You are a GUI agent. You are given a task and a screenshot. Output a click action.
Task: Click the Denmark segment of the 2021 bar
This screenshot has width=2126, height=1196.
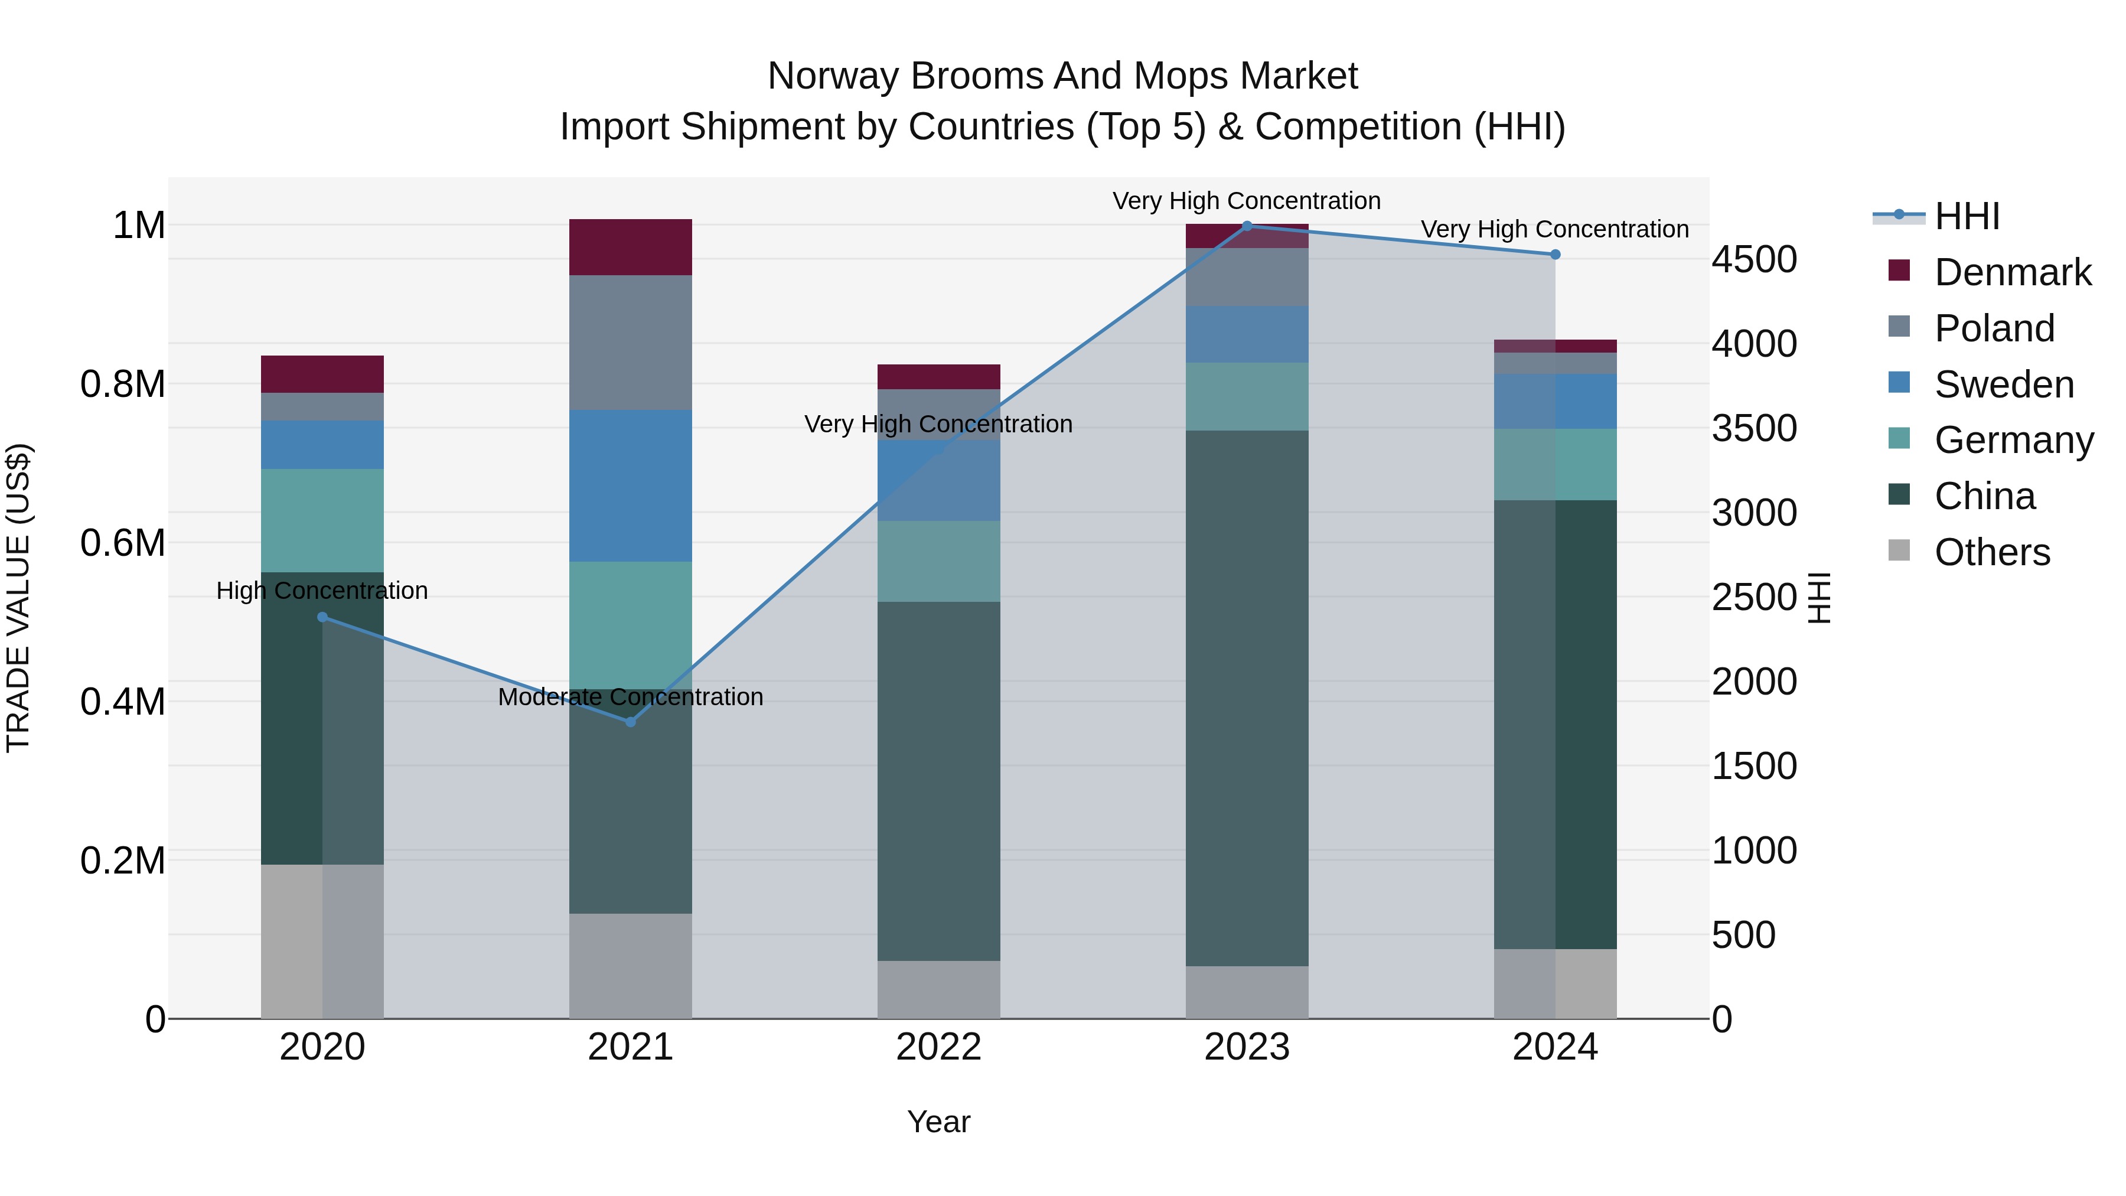coord(631,247)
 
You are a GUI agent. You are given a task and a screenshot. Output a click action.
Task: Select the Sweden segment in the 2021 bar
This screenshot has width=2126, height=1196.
coord(631,485)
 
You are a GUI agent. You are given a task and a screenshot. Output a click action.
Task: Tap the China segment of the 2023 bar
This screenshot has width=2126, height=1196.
coord(1247,698)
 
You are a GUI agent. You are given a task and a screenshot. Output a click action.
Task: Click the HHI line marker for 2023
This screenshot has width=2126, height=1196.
coord(1247,226)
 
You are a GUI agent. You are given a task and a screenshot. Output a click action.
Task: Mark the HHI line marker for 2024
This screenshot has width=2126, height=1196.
coord(1555,254)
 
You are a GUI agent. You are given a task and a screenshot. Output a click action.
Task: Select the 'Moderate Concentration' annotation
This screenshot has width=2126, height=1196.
coord(631,697)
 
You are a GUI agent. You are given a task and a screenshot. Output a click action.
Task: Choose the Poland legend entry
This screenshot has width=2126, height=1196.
coord(1993,328)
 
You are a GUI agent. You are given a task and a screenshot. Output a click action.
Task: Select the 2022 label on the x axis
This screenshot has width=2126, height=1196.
coord(938,1047)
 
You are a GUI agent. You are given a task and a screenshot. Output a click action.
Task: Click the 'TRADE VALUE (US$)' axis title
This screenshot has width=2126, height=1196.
coord(19,598)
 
